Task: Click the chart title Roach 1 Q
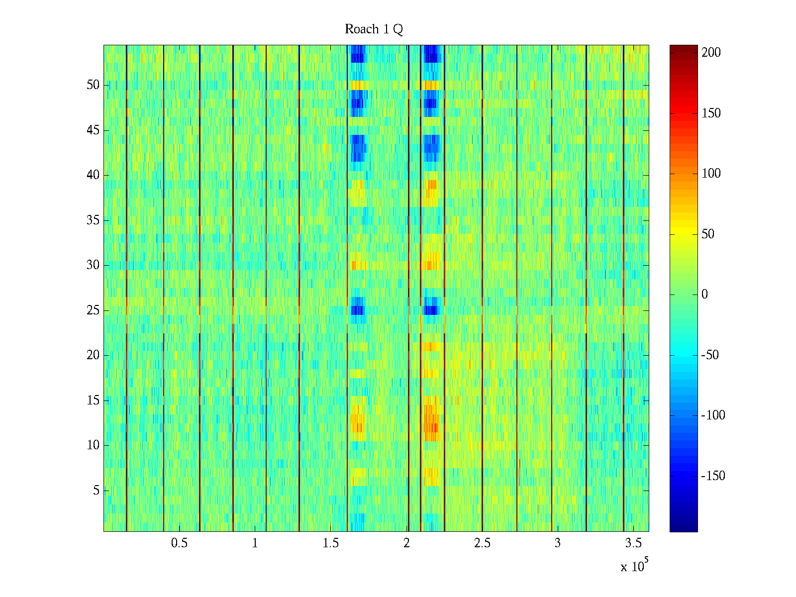(x=374, y=30)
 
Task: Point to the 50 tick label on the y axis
(x=93, y=85)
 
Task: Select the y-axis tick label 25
(x=93, y=310)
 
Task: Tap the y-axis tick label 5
(x=96, y=491)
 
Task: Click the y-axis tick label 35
(x=93, y=220)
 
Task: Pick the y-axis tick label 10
(x=93, y=445)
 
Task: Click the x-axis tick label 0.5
(x=179, y=543)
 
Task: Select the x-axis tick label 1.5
(x=331, y=543)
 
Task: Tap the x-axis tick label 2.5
(x=482, y=543)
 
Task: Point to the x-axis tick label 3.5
(x=633, y=543)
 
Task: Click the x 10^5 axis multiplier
(x=634, y=566)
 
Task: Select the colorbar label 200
(x=711, y=53)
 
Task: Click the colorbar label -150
(x=713, y=476)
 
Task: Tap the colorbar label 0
(x=704, y=295)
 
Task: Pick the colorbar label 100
(x=711, y=174)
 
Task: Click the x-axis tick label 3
(x=558, y=543)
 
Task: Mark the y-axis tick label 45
(x=93, y=130)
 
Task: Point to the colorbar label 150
(x=711, y=113)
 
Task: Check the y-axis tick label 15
(x=93, y=400)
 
